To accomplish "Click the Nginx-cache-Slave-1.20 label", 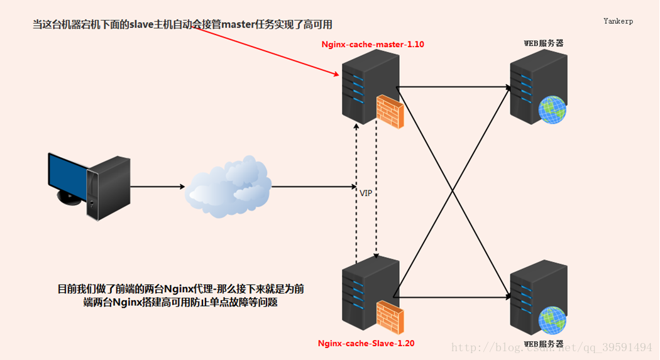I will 366,343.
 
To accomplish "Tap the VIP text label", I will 366,193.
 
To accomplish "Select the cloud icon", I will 228,186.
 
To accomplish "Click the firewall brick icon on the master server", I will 390,111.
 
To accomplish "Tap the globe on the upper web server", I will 552,109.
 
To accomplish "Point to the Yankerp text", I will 618,21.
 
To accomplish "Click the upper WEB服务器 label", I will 544,43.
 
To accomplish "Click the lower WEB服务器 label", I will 544,344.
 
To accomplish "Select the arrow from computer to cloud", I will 157,187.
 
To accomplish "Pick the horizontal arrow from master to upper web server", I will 453,87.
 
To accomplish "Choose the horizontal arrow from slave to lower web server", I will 453,297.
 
